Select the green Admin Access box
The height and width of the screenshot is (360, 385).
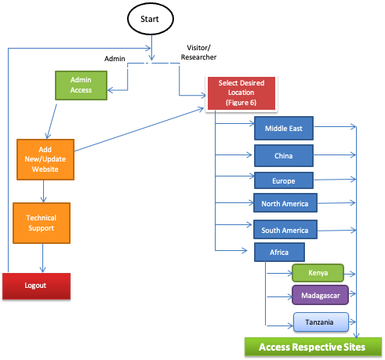click(81, 85)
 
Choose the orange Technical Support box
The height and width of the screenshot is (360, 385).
click(41, 222)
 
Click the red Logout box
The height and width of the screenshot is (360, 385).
click(36, 285)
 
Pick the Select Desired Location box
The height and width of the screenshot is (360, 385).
click(241, 93)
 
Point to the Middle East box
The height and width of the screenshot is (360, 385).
click(284, 128)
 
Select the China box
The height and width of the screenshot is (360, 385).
click(284, 155)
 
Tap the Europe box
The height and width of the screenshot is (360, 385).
click(284, 180)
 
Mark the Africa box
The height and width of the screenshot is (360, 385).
click(279, 253)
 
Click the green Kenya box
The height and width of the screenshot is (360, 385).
click(318, 273)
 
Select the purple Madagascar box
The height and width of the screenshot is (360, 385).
click(320, 295)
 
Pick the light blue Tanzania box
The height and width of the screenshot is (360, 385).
click(319, 322)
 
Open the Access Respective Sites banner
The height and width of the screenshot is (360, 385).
click(311, 346)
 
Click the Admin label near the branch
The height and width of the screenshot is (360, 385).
click(115, 58)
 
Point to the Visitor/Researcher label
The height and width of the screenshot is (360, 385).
click(198, 52)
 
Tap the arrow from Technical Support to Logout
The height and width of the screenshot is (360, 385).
click(42, 257)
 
